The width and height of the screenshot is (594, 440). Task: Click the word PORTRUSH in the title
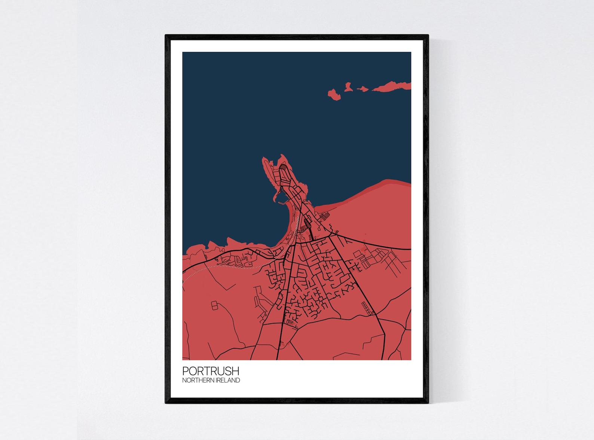pos(211,371)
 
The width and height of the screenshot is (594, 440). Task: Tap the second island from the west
pos(348,88)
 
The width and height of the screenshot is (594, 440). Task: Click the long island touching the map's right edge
pos(393,87)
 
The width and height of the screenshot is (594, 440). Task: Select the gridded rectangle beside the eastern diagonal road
pos(367,308)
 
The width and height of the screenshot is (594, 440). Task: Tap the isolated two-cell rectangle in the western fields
pos(214,306)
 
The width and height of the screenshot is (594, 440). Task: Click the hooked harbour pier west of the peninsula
pos(277,196)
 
